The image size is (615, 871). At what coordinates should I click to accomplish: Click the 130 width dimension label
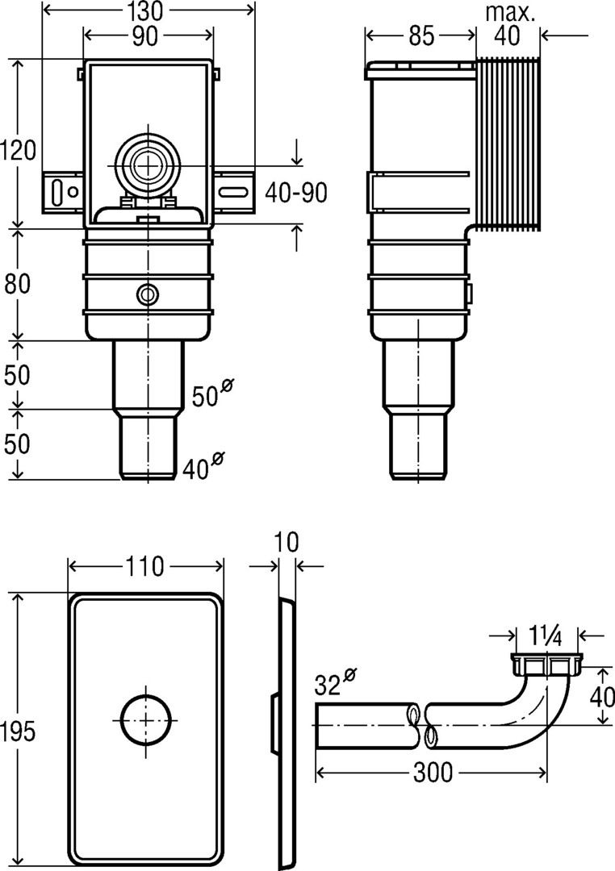pyautogui.click(x=149, y=11)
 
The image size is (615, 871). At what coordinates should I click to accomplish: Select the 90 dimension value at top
pyautogui.click(x=149, y=36)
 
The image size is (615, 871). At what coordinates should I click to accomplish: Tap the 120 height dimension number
pyautogui.click(x=17, y=150)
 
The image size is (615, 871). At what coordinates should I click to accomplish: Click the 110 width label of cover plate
pyautogui.click(x=144, y=566)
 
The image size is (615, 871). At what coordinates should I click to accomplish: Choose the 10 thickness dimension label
pyautogui.click(x=287, y=541)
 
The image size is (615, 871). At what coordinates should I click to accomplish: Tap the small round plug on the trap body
pyautogui.click(x=147, y=294)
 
